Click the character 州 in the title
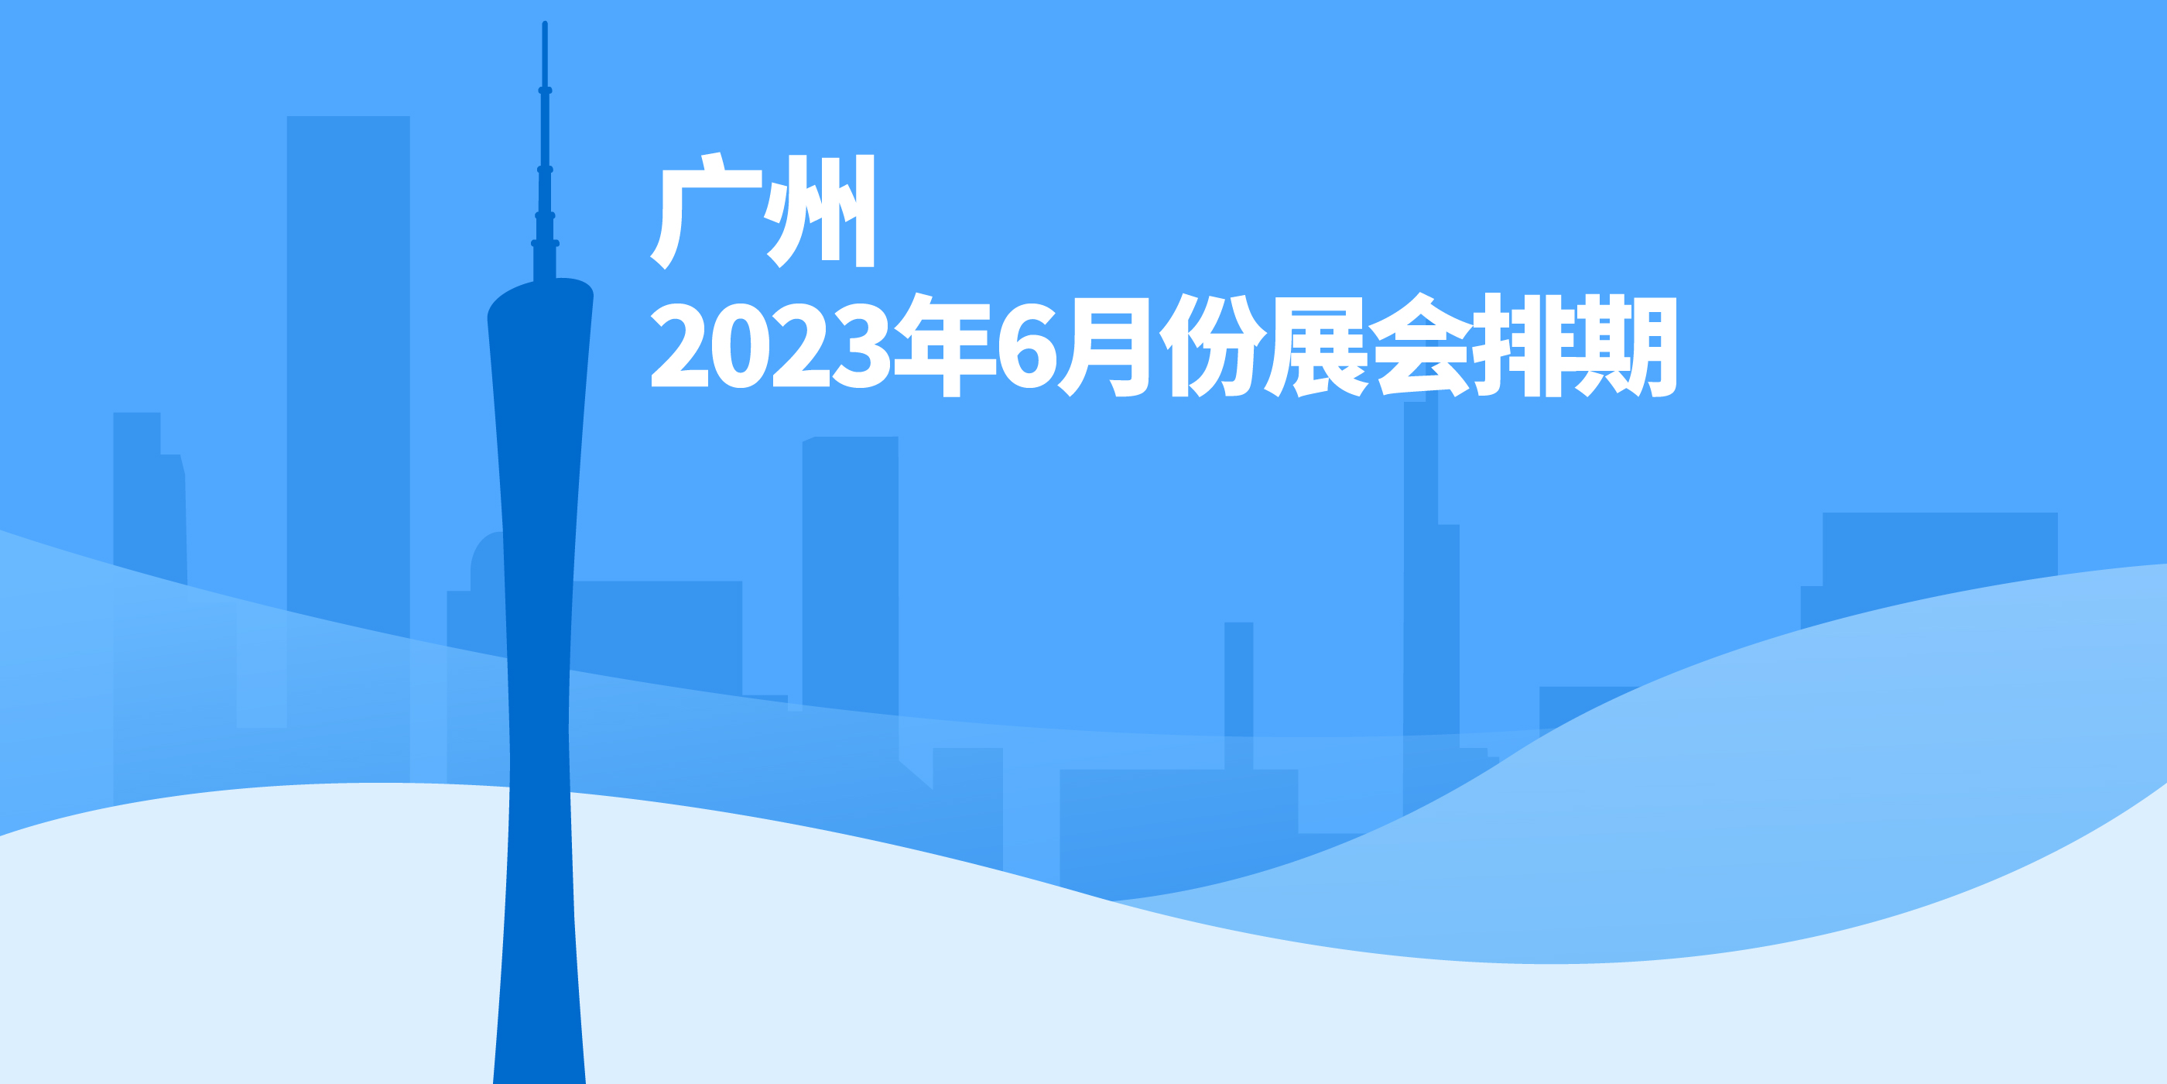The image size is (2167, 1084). coord(820,211)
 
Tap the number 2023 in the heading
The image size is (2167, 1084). coord(770,345)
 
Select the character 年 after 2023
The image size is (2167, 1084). coord(944,345)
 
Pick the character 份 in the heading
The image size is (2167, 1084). coord(1213,345)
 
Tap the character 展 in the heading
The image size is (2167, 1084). coord(1317,345)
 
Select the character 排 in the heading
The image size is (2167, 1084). coord(1525,345)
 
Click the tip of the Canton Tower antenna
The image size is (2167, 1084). coord(545,26)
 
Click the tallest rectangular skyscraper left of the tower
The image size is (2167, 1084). coord(348,337)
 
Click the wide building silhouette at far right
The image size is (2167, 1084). coord(1935,555)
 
